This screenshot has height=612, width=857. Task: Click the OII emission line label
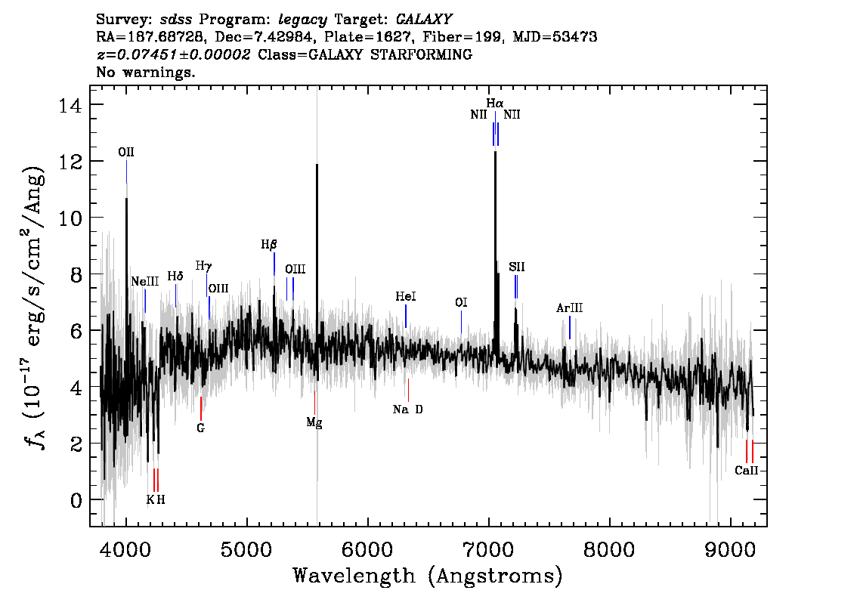pos(126,152)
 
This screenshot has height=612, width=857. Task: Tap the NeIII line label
pos(145,281)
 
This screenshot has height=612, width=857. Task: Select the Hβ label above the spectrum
pos(269,245)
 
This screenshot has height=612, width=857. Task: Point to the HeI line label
pos(406,296)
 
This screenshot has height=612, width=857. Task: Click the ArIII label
pos(570,308)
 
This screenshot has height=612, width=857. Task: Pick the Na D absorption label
pos(408,410)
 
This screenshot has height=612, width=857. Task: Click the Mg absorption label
pos(314,423)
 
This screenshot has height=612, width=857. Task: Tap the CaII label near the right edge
pos(747,471)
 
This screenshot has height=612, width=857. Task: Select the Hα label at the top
pos(495,103)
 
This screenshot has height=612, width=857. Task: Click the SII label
pos(516,267)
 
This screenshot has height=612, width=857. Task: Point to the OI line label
pos(461,303)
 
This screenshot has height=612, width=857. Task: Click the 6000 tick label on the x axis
pos(368,549)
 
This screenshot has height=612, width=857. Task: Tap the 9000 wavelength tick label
pos(730,549)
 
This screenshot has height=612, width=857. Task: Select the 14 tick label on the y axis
pos(70,104)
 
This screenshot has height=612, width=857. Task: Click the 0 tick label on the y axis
pos(76,500)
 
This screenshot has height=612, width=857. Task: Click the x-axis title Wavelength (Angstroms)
pos(428,576)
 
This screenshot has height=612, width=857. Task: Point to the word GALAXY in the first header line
pos(424,19)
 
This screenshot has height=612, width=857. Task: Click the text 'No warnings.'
pos(145,72)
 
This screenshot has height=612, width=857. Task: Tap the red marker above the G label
pos(200,409)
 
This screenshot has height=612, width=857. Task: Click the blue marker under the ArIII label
pos(570,327)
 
